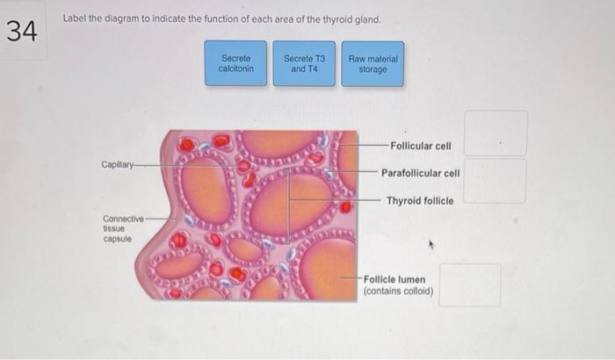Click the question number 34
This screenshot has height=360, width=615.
pos(23,33)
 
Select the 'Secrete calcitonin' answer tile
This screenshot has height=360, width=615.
pos(235,64)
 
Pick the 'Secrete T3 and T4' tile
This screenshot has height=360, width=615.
pos(304,64)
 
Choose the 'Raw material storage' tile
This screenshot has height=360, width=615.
pos(373,64)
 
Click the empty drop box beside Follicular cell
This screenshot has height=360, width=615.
pos(496,133)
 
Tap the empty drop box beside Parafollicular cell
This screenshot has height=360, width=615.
pos(496,181)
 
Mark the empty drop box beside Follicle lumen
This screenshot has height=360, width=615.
pos(470,284)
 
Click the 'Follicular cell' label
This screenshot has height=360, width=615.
pos(420,146)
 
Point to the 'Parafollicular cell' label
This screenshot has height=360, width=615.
pos(420,173)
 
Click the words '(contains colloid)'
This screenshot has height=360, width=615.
pos(398,291)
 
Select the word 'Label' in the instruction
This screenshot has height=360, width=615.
pos(74,19)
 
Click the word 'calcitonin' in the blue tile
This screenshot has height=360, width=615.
pos(235,69)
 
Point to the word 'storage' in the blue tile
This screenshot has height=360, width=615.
pos(373,69)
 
